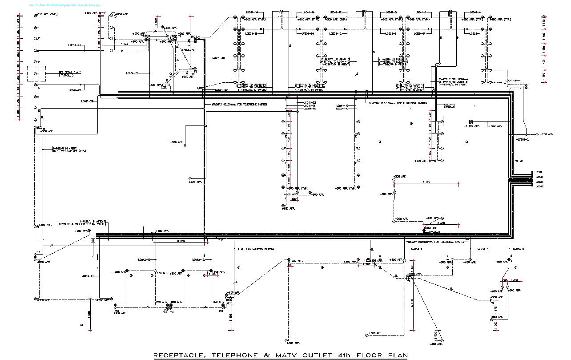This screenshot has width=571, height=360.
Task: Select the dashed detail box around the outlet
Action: pyautogui.click(x=34, y=73)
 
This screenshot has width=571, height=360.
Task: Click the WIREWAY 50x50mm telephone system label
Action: pyautogui.click(x=237, y=105)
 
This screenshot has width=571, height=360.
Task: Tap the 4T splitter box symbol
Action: pyautogui.click(x=92, y=240)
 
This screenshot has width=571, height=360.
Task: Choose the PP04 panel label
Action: pyautogui.click(x=539, y=172)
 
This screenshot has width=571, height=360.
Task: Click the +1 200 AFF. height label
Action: pyautogui.click(x=471, y=126)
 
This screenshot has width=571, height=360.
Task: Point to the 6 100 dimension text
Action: pyautogui.click(x=426, y=182)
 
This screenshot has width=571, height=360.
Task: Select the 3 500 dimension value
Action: pyautogui.click(x=441, y=223)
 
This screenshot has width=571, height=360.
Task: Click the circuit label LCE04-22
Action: pyautogui.click(x=133, y=73)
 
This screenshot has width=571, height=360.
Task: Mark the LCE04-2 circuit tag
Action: pyautogui.click(x=523, y=139)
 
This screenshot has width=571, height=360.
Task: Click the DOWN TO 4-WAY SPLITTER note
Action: pyautogui.click(x=82, y=224)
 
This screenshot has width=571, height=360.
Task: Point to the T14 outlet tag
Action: pyautogui.click(x=38, y=252)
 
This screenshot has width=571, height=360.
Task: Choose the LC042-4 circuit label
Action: pyautogui.click(x=483, y=249)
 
